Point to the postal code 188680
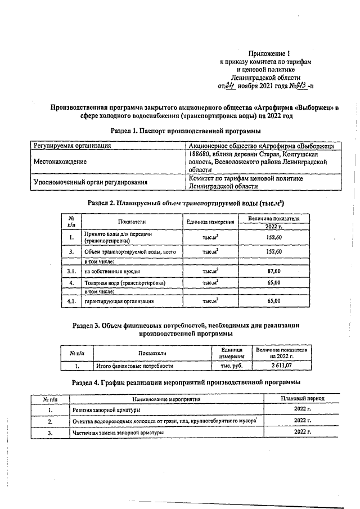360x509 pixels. point(201,154)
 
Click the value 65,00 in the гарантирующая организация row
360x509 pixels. point(273,301)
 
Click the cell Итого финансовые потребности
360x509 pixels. point(134,366)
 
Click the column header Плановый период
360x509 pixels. point(302,398)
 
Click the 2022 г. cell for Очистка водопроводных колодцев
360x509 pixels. point(302,421)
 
